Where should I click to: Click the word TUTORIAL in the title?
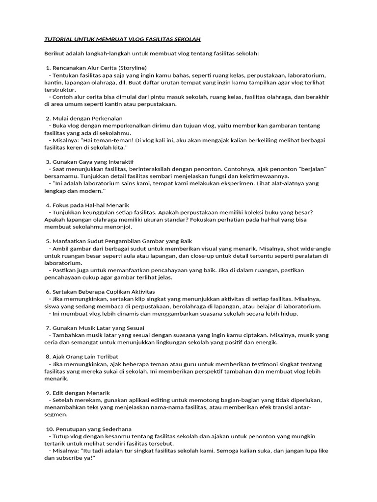point(59,39)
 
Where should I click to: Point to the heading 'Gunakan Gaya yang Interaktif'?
point(93,161)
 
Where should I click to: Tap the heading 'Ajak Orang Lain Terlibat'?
point(85,356)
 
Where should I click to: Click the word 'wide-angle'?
point(316,249)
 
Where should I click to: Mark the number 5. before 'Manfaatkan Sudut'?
point(49,241)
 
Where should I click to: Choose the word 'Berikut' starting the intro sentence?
point(54,53)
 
